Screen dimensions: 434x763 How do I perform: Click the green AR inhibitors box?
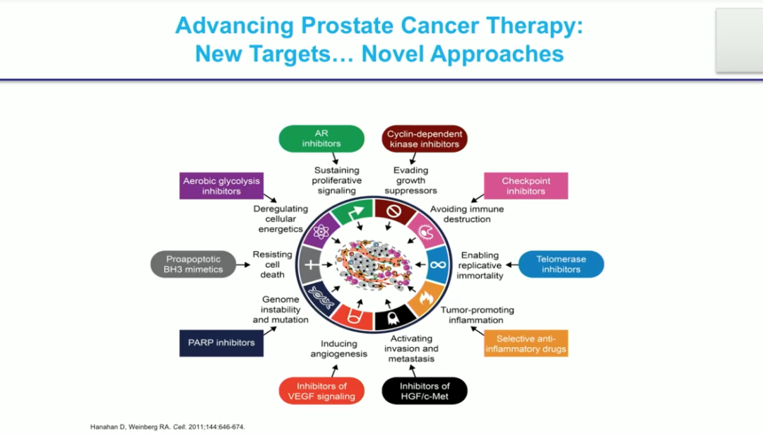[x=321, y=139]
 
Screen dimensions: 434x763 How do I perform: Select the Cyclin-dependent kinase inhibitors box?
[x=424, y=139]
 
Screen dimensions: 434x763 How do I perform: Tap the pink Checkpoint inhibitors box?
[x=526, y=186]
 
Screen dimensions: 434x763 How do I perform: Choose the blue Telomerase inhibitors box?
[x=561, y=264]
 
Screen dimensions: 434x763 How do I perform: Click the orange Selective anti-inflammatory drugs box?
[x=526, y=344]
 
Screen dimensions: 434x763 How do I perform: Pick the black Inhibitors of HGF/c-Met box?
[x=425, y=391]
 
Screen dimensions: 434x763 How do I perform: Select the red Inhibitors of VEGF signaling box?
[x=321, y=391]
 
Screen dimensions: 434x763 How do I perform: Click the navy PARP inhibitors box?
[x=221, y=343]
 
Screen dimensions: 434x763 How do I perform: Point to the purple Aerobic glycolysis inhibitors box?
[x=221, y=186]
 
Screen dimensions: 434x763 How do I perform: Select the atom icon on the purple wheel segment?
[x=321, y=231]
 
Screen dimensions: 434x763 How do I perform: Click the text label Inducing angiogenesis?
[x=338, y=348]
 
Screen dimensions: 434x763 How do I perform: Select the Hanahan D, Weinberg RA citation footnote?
[x=167, y=427]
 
